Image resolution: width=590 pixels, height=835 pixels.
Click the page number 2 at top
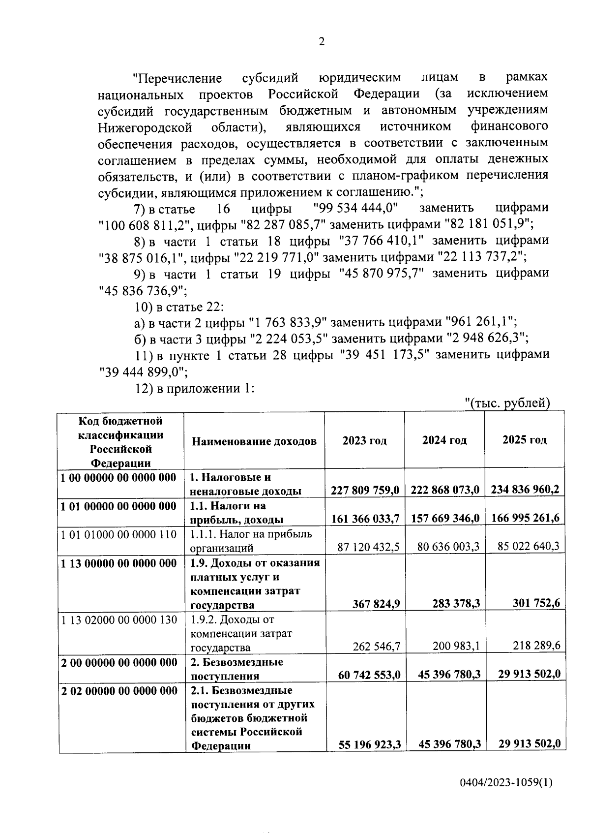(x=322, y=42)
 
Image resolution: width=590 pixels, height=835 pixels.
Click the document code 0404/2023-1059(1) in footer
(x=506, y=782)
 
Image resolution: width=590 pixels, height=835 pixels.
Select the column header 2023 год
(x=364, y=440)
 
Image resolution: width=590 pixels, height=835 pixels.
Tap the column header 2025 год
(x=524, y=440)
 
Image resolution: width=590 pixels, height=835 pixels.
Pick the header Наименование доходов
(x=254, y=441)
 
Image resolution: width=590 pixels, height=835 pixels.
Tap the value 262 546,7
(x=376, y=646)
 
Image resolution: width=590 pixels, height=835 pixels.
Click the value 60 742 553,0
(x=369, y=675)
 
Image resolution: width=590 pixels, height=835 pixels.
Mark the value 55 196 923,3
(x=369, y=745)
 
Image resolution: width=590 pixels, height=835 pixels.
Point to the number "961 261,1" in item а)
(x=480, y=322)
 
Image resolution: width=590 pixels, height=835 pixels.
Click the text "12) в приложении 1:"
(x=194, y=388)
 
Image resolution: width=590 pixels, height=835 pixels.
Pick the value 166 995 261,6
(x=525, y=518)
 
